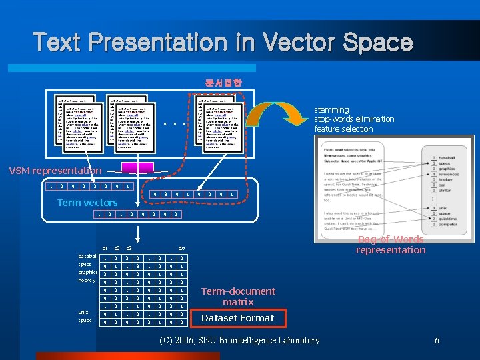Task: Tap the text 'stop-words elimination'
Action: (x=354, y=119)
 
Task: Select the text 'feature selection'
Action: (x=343, y=129)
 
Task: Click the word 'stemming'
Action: (x=331, y=109)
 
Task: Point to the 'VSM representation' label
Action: (x=55, y=171)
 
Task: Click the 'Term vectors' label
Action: (x=87, y=203)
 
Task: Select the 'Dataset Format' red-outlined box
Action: (x=237, y=318)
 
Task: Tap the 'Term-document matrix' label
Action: (x=237, y=297)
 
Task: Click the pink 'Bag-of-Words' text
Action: (x=390, y=239)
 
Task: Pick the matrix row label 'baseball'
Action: (x=88, y=257)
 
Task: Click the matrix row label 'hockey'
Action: (x=88, y=281)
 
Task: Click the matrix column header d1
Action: (x=105, y=248)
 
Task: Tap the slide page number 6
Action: (x=437, y=341)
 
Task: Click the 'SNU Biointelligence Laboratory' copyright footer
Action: (x=240, y=341)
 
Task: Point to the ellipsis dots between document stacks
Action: (x=174, y=123)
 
